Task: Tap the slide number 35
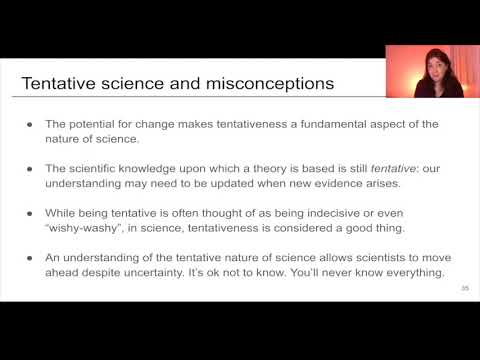(x=465, y=289)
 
